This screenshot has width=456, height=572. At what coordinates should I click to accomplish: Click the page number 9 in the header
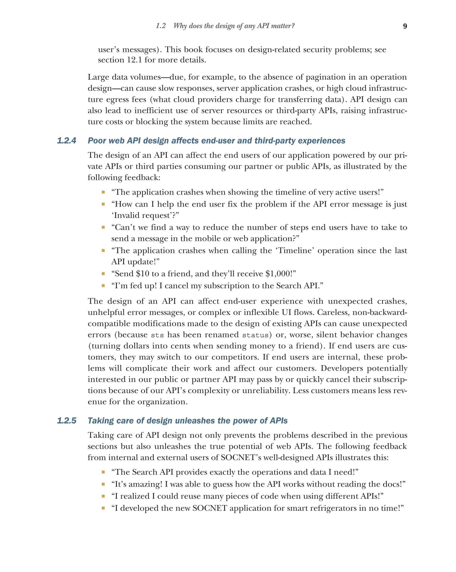coord(405,26)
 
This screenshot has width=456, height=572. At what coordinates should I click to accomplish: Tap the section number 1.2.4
coord(67,141)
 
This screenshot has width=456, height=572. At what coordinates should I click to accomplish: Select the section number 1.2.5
coord(67,421)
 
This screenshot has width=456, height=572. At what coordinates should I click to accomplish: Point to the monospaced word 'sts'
coord(157,335)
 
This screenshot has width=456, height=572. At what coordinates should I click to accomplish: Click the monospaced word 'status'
coord(255,335)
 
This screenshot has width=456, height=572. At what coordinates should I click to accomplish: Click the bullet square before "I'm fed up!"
coord(103,286)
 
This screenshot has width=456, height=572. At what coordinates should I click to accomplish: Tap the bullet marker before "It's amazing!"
coord(103,484)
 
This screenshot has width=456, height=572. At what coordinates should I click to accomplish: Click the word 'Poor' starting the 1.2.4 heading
coord(96,141)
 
